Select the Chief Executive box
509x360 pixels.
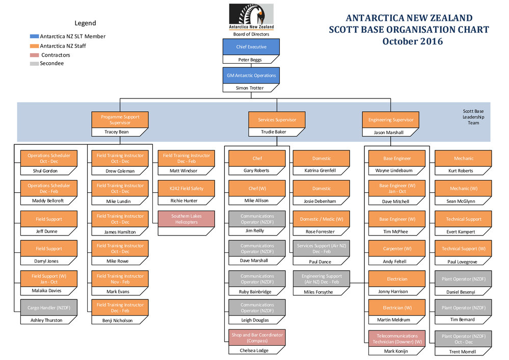tap(251, 47)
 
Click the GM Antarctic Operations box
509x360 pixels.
tap(251, 75)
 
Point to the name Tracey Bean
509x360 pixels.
tap(117, 132)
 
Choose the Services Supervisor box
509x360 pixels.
tap(277, 120)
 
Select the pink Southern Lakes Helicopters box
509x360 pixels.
tap(186, 219)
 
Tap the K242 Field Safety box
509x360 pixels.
tap(186, 189)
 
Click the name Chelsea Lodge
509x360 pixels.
tap(254, 350)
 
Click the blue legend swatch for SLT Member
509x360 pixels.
tap(34, 37)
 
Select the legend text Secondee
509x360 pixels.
tap(52, 64)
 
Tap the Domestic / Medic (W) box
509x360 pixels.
tap(322, 219)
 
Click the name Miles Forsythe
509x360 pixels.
tap(319, 292)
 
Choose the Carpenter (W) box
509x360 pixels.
tap(397, 249)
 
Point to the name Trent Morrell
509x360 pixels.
tap(462, 352)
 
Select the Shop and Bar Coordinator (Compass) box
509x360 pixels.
tap(257, 338)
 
